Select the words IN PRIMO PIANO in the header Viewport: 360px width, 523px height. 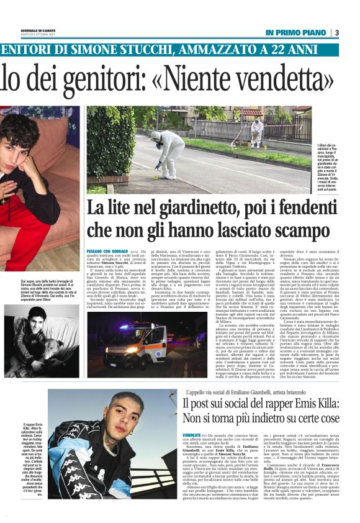click(295, 32)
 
